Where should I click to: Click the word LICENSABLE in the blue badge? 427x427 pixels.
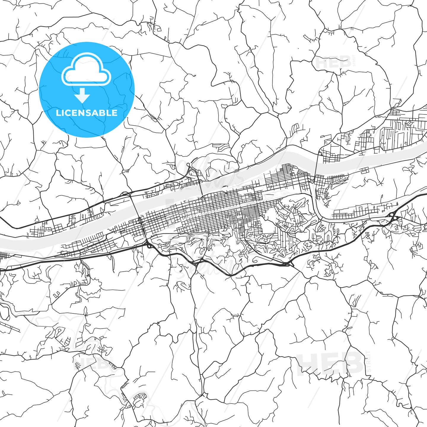click(x=87, y=113)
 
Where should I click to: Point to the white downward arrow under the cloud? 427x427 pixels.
click(x=82, y=95)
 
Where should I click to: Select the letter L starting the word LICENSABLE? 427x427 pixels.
click(x=58, y=113)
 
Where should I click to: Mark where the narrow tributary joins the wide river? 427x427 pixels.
click(x=311, y=178)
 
